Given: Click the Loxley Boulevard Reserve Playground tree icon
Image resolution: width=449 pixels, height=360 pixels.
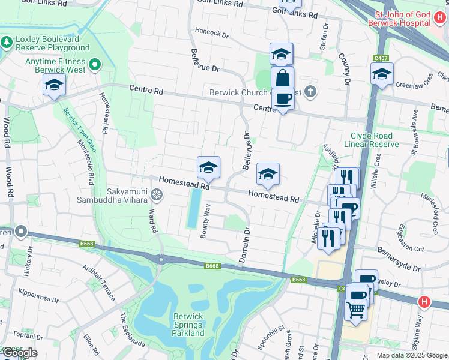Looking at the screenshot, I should pyautogui.click(x=7, y=43).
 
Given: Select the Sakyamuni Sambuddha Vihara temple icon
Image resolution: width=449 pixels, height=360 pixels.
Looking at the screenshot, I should pyautogui.click(x=157, y=194).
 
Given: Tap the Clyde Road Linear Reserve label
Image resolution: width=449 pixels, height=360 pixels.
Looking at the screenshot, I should pyautogui.click(x=371, y=140).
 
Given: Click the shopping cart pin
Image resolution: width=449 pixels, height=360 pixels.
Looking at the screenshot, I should pyautogui.click(x=356, y=310).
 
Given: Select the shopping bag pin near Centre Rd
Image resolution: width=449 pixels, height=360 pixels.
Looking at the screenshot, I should pyautogui.click(x=282, y=78).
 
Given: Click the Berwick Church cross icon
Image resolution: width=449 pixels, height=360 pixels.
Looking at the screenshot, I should pyautogui.click(x=310, y=92).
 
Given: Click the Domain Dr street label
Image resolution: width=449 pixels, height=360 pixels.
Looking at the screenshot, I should pyautogui.click(x=245, y=244).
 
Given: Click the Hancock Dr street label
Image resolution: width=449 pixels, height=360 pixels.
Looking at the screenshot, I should pyautogui.click(x=212, y=34).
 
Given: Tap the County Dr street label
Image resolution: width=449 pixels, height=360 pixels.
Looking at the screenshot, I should pyautogui.click(x=345, y=67).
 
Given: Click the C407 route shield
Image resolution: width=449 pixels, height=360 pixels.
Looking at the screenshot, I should pyautogui.click(x=379, y=58).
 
